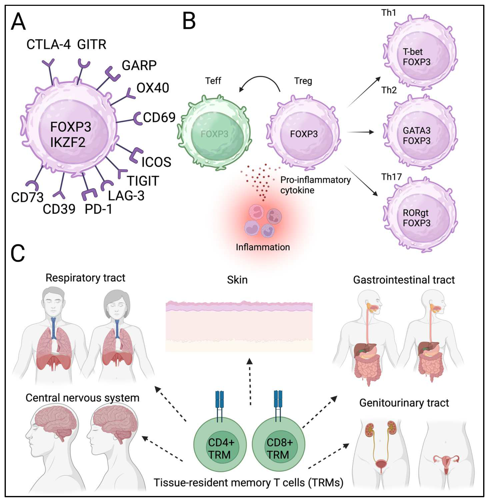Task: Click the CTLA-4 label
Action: tap(48, 45)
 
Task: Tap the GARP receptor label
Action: tap(139, 66)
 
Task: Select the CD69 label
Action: tap(159, 117)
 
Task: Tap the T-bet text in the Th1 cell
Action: tap(412, 52)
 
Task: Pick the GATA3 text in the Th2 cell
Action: tap(416, 131)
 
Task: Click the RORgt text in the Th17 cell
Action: tap(415, 213)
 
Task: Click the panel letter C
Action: tap(18, 253)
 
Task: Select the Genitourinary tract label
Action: tap(404, 403)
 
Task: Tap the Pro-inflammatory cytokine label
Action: tap(315, 185)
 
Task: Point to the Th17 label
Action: tap(391, 177)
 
